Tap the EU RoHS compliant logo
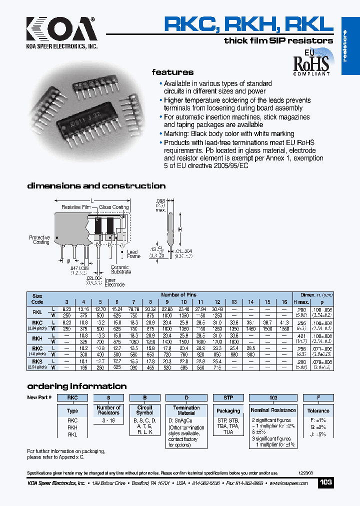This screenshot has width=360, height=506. [310, 61]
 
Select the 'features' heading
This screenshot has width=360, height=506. [172, 72]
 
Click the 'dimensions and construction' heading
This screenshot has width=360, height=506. [96, 186]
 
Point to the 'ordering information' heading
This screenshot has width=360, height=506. [76, 386]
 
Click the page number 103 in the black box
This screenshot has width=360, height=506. [325, 482]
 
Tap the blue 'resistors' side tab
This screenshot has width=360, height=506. [350, 46]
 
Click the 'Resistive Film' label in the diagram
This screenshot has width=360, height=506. [76, 207]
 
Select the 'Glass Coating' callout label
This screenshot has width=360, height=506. [113, 207]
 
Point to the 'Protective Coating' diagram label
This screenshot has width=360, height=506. [39, 239]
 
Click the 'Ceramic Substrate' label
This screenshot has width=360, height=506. [120, 269]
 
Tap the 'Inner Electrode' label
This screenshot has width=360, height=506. [110, 283]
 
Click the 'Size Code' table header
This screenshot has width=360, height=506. [37, 298]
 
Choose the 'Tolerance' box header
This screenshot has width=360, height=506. [318, 410]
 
